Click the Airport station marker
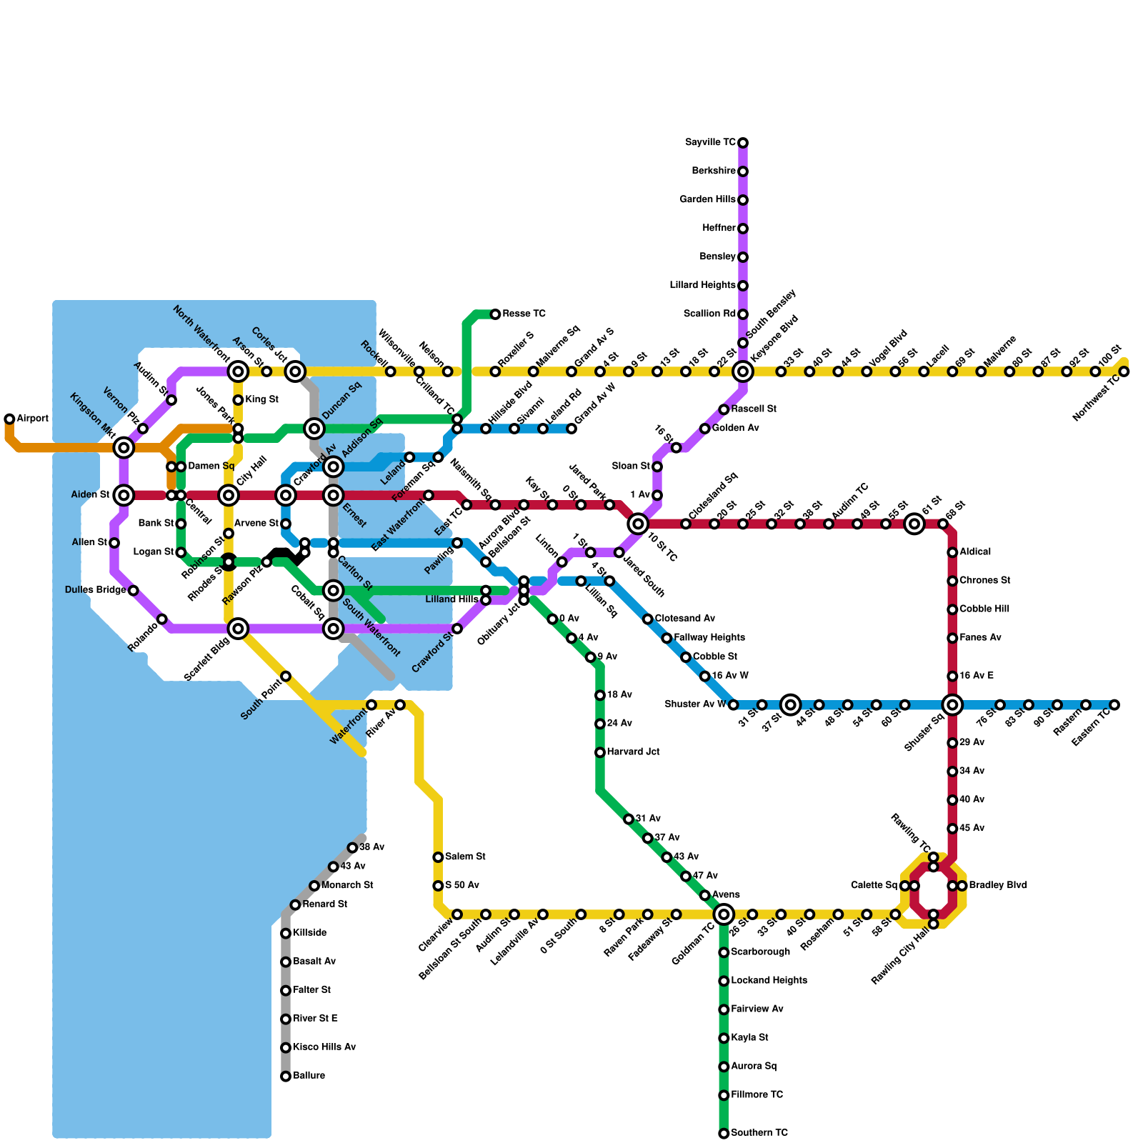point(9,419)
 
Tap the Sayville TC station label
point(710,143)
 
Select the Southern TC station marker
point(724,1133)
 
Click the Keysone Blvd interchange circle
point(743,371)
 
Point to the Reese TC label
point(524,314)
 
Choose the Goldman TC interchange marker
point(724,914)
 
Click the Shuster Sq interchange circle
point(952,705)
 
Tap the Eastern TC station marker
point(1114,705)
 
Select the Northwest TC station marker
point(1124,371)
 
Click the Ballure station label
point(309,1076)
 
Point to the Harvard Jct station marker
point(600,752)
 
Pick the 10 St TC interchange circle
point(638,524)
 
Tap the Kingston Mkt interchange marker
point(124,448)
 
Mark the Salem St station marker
point(438,857)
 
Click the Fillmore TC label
point(757,1095)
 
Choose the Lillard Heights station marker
point(743,286)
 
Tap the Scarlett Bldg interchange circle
point(238,629)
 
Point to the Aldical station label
point(975,552)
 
